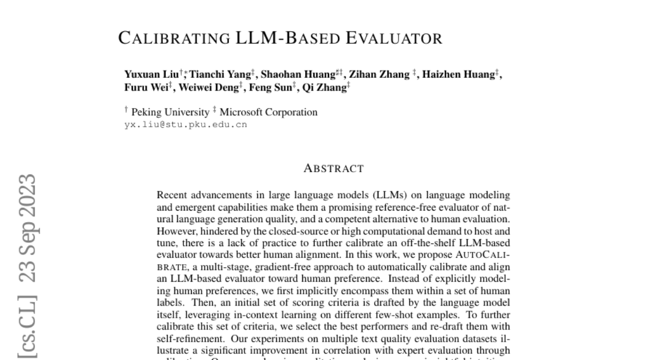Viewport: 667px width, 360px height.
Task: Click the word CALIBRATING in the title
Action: [x=173, y=38]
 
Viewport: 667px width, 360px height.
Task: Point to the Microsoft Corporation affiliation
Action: [x=268, y=112]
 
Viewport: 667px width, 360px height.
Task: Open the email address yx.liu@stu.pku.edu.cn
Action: [x=186, y=124]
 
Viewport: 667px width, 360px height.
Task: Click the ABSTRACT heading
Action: [x=333, y=168]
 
